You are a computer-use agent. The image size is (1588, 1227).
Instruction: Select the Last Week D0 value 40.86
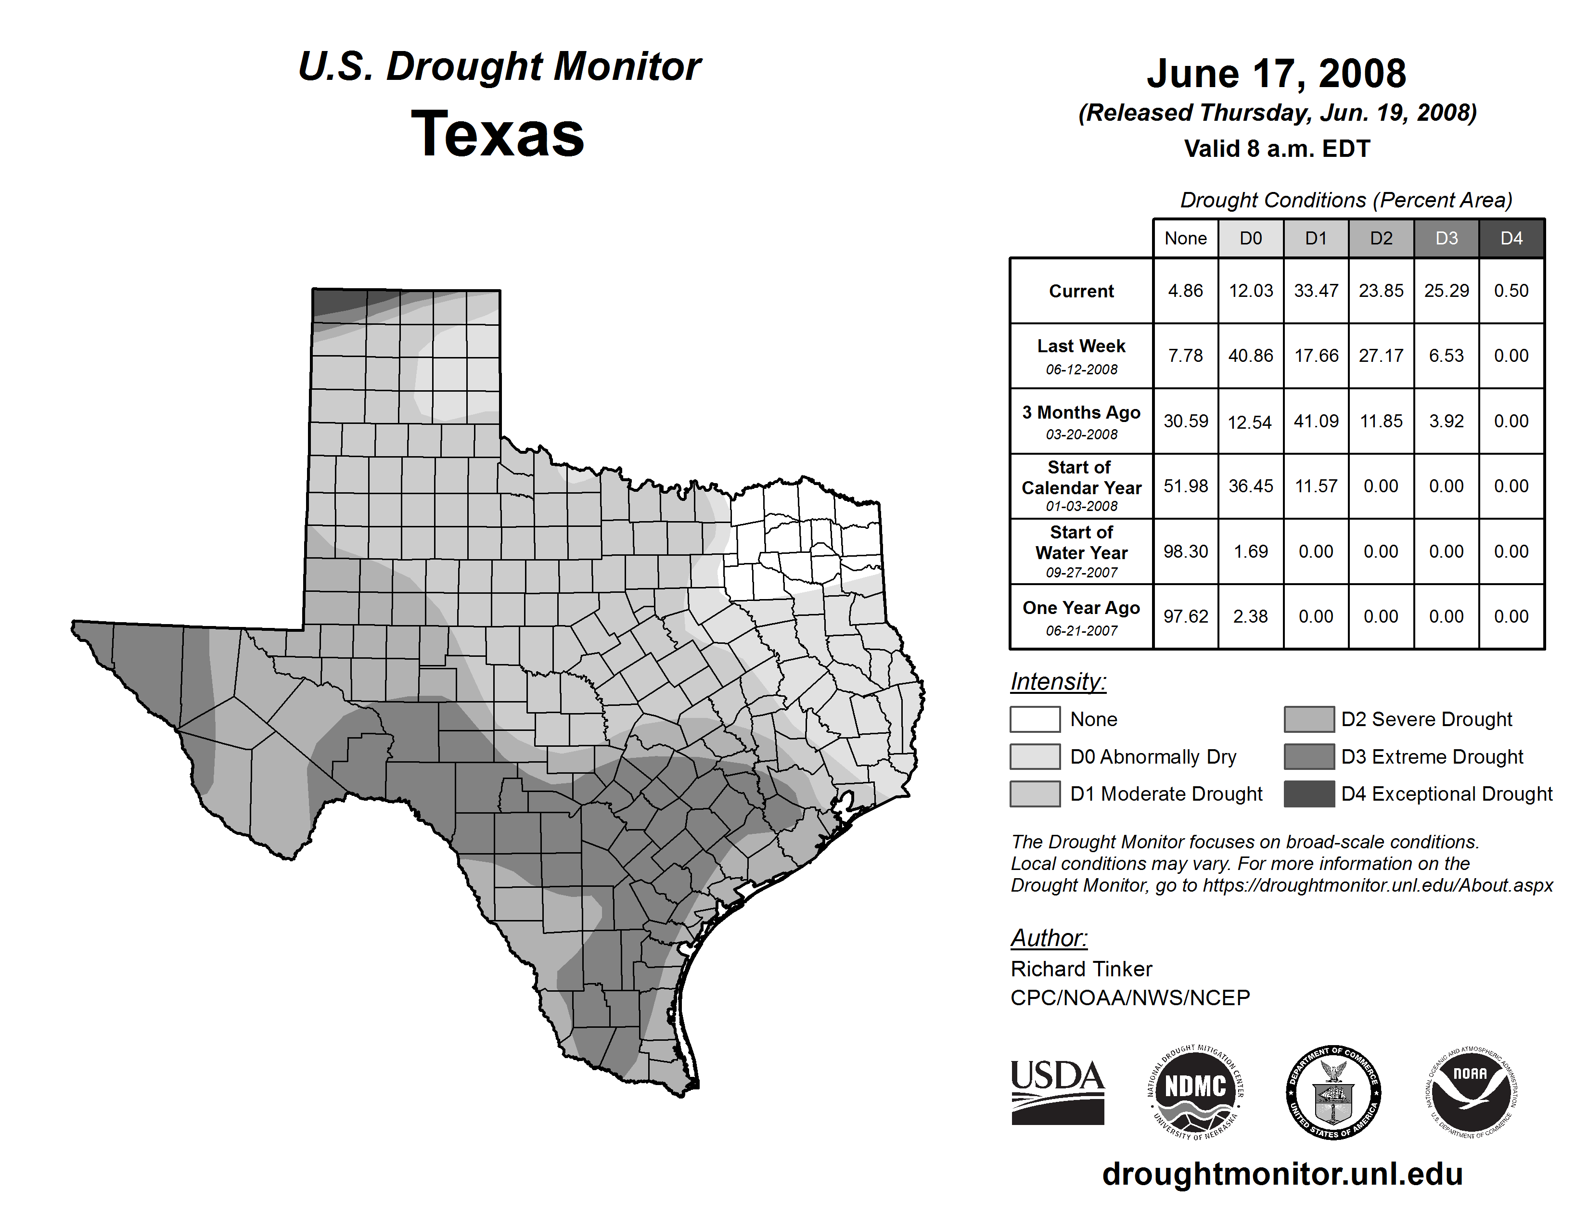coord(1251,356)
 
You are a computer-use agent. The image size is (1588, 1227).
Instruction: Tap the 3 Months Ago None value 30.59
coord(1185,421)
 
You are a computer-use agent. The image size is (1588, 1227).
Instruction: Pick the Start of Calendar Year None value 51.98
coord(1185,486)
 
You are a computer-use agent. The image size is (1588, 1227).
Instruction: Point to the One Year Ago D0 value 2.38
coord(1251,616)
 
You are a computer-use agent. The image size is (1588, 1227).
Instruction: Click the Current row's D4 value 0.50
coord(1511,291)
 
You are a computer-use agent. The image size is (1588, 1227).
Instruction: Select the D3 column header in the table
coord(1446,238)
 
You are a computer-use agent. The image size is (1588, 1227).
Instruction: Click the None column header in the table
coord(1185,238)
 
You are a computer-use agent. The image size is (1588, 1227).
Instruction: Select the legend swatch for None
coord(1035,719)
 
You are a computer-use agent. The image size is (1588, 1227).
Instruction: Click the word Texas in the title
coord(498,134)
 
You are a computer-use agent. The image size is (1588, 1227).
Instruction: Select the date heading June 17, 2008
coord(1276,74)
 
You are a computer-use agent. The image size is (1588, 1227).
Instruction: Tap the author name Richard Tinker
coord(1081,969)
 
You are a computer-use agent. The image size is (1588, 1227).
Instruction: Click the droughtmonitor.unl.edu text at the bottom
coord(1282,1174)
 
